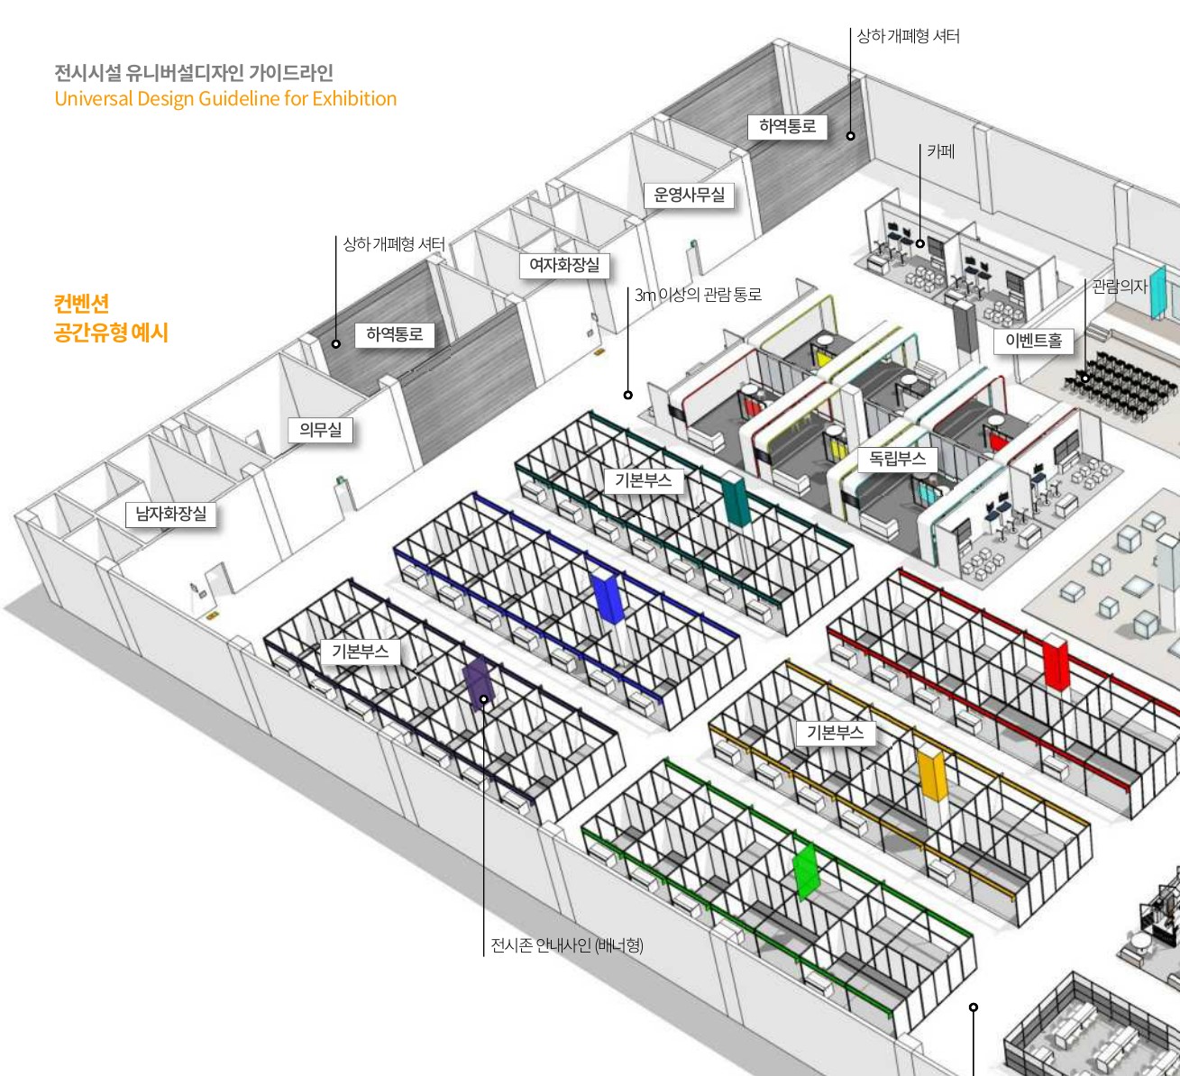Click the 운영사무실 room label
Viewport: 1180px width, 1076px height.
pyautogui.click(x=689, y=196)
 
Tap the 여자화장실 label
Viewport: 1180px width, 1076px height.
pyautogui.click(x=564, y=266)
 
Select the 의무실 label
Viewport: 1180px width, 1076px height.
pyautogui.click(x=320, y=431)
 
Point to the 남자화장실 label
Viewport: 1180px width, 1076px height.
pyautogui.click(x=170, y=515)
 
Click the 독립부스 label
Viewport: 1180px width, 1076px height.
pyautogui.click(x=897, y=459)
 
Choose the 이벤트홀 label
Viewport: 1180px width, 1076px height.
pyautogui.click(x=1033, y=341)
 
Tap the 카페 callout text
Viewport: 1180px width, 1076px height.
pyautogui.click(x=940, y=151)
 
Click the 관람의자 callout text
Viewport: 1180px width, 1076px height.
pyautogui.click(x=1120, y=287)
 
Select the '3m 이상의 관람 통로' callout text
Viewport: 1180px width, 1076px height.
pyautogui.click(x=698, y=295)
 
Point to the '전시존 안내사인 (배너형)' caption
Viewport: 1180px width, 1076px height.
pyautogui.click(x=566, y=945)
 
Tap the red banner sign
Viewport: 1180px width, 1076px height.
pyautogui.click(x=1055, y=662)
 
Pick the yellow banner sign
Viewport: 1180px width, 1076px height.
pyautogui.click(x=931, y=775)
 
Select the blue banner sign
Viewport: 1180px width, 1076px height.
pyautogui.click(x=608, y=597)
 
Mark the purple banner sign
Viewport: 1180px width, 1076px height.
pyautogui.click(x=475, y=682)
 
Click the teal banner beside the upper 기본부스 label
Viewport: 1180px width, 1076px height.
pyautogui.click(x=736, y=501)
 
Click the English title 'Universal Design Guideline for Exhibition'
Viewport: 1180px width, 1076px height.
pyautogui.click(x=225, y=99)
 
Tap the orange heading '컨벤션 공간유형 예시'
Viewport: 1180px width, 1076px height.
pyautogui.click(x=110, y=318)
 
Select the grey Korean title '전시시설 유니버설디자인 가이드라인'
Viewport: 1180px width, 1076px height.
pyautogui.click(x=194, y=73)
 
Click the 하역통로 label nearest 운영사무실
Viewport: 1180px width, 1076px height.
pyautogui.click(x=787, y=127)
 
